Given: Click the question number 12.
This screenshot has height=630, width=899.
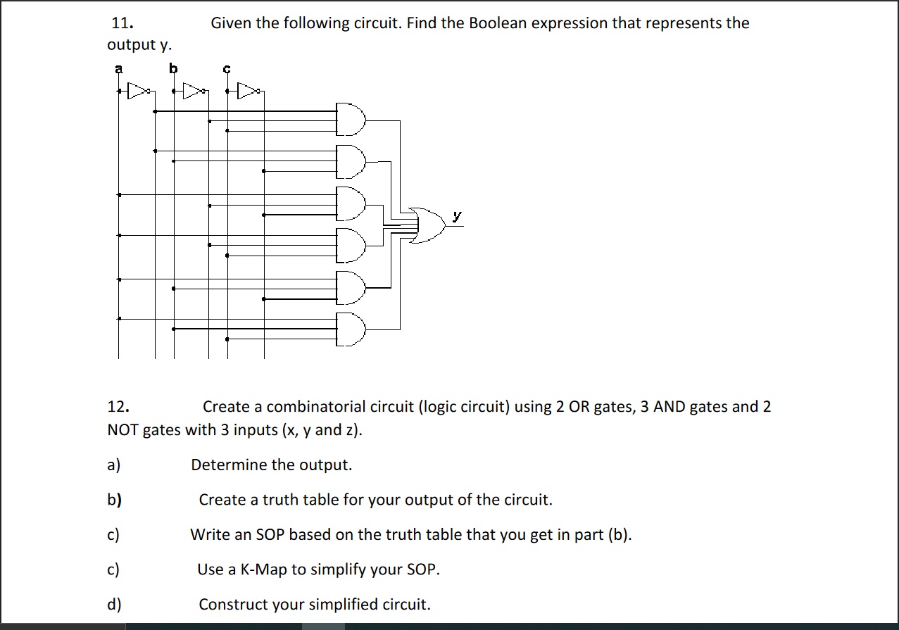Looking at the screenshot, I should (118, 407).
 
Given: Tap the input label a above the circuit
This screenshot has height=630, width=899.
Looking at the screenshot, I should (118, 69).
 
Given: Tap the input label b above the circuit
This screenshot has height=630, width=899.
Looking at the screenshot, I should (172, 69).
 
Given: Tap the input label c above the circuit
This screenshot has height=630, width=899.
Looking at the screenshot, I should (227, 69).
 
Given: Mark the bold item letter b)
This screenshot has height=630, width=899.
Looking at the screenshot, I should (114, 500).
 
